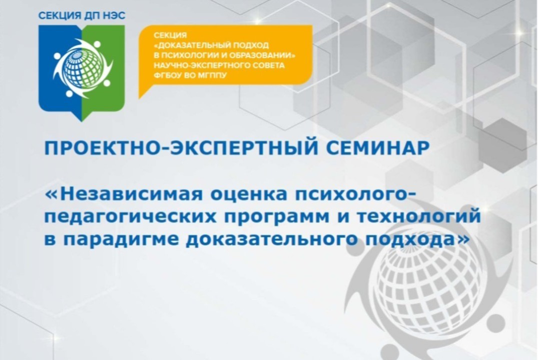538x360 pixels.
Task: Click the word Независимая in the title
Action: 135,194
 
